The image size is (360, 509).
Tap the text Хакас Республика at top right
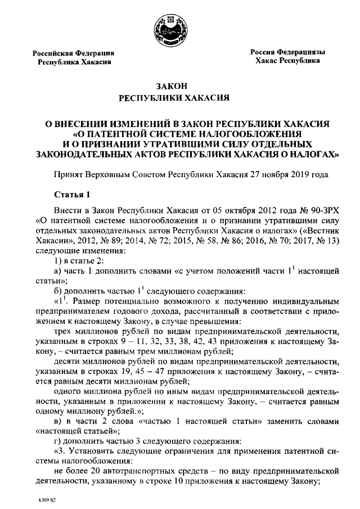pos(287,60)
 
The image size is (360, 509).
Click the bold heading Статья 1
pos(72,195)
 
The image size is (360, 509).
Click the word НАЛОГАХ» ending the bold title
pos(312,152)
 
